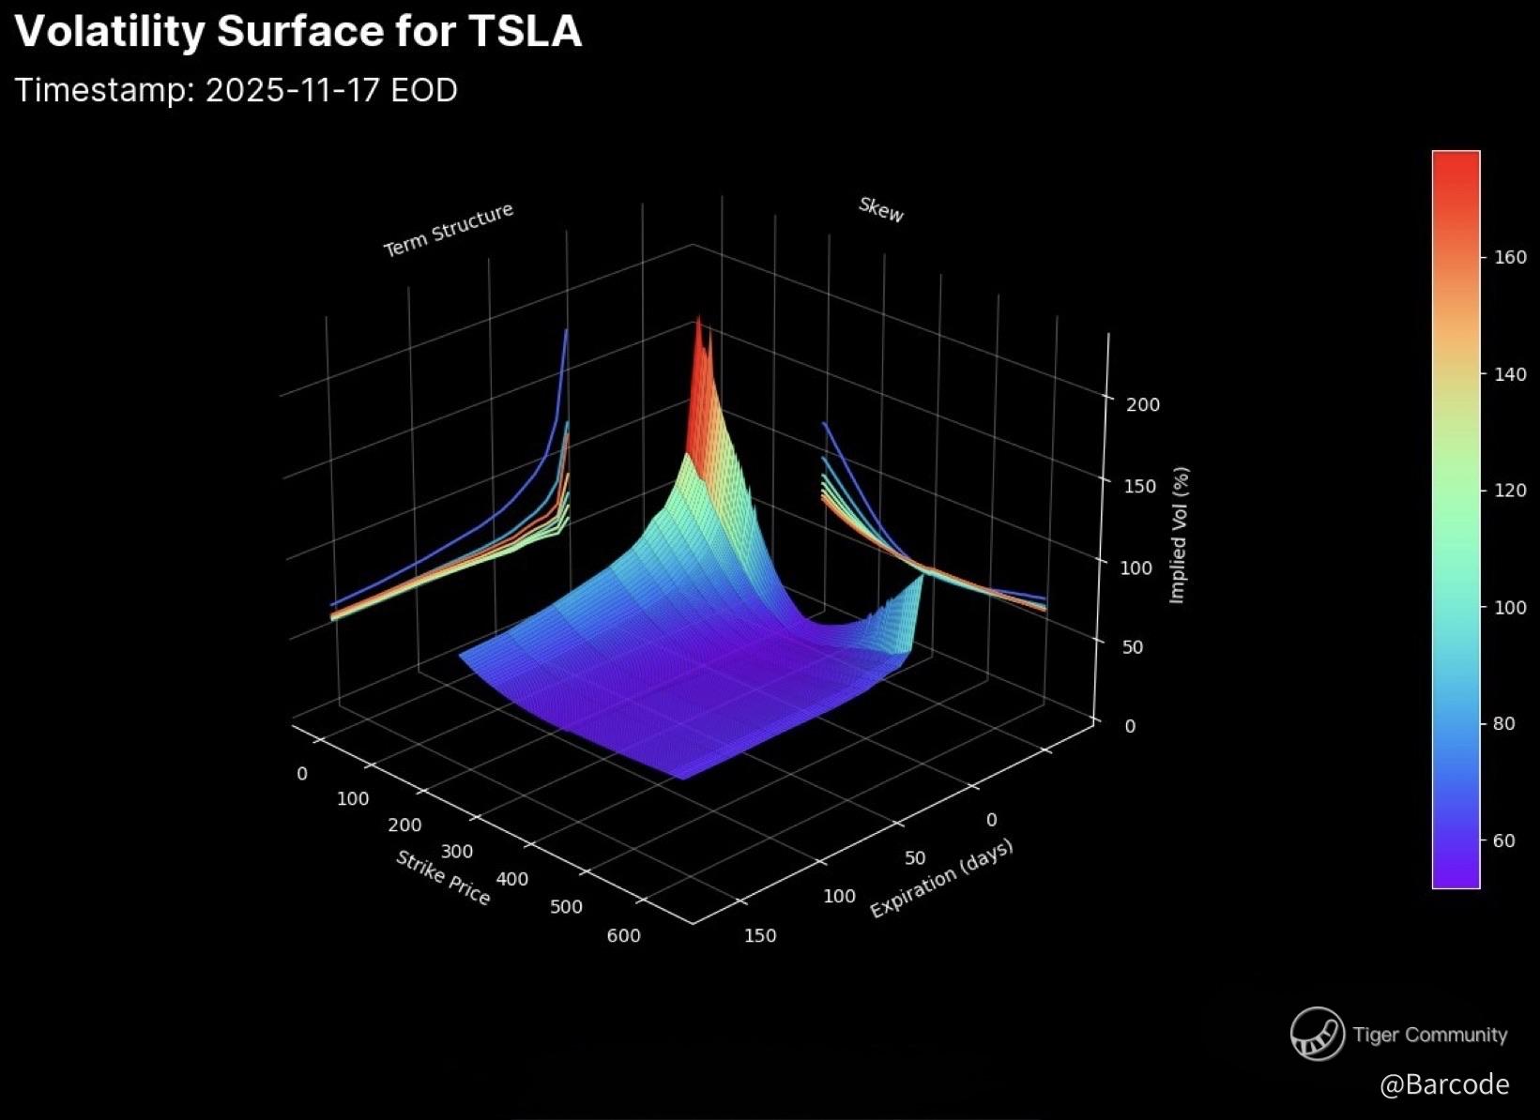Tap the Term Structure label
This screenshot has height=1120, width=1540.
(448, 229)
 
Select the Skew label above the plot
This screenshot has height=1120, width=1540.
(881, 209)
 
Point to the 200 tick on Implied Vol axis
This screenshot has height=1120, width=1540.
(1143, 404)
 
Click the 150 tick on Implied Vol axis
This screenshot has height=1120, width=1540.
(1139, 486)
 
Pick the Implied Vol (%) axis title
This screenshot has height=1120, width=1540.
(1180, 536)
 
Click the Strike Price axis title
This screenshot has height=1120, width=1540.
(443, 877)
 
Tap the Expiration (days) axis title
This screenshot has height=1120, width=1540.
(941, 879)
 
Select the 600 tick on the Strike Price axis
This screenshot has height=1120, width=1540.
(623, 935)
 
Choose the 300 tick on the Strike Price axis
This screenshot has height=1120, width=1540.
(457, 852)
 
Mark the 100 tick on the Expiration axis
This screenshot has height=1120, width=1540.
(839, 896)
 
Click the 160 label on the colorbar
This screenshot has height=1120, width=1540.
(1510, 257)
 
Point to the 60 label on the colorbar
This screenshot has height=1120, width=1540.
(1504, 840)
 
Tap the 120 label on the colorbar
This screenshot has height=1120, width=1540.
(1510, 491)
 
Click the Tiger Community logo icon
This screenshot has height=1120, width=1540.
(1317, 1034)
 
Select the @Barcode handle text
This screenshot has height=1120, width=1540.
(1444, 1084)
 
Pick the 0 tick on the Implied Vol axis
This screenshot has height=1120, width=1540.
(1130, 726)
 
